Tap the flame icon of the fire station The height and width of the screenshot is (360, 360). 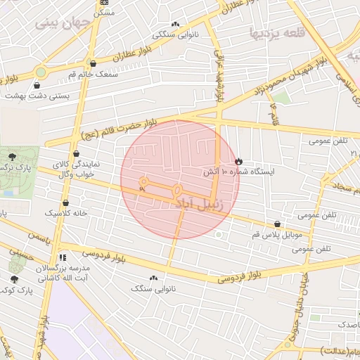click(238, 161)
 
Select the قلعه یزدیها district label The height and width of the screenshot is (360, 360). click(278, 32)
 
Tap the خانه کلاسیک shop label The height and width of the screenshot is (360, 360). click(66, 212)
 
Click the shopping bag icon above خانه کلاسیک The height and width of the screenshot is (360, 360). click(65, 202)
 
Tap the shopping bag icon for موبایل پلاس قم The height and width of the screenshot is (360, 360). click(278, 225)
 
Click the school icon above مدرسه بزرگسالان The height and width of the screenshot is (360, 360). click(63, 257)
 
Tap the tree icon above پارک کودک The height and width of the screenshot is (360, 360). click(14, 279)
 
